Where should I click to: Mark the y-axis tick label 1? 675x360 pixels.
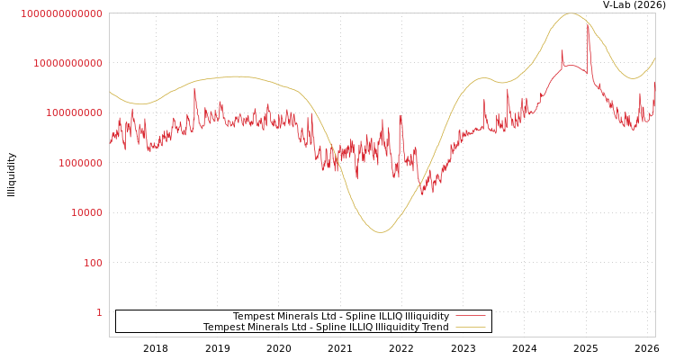click(x=99, y=312)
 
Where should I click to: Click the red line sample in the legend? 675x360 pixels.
click(x=470, y=316)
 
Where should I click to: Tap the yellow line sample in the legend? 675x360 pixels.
click(x=470, y=327)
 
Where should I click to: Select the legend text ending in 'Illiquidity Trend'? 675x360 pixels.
click(x=325, y=327)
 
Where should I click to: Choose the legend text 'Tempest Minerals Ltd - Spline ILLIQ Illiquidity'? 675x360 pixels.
click(x=340, y=316)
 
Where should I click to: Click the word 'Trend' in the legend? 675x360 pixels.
click(x=436, y=327)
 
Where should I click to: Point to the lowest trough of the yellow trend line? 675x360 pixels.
click(x=381, y=232)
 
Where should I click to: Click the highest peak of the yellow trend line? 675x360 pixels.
click(x=571, y=13)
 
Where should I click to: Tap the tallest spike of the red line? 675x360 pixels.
click(x=589, y=25)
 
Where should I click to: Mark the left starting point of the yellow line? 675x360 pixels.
click(x=110, y=91)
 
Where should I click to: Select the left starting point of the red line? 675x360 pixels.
click(x=110, y=142)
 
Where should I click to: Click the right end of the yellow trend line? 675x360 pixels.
click(x=655, y=58)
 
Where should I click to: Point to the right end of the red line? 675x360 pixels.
click(x=655, y=82)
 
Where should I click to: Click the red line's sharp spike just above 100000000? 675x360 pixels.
click(x=194, y=88)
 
